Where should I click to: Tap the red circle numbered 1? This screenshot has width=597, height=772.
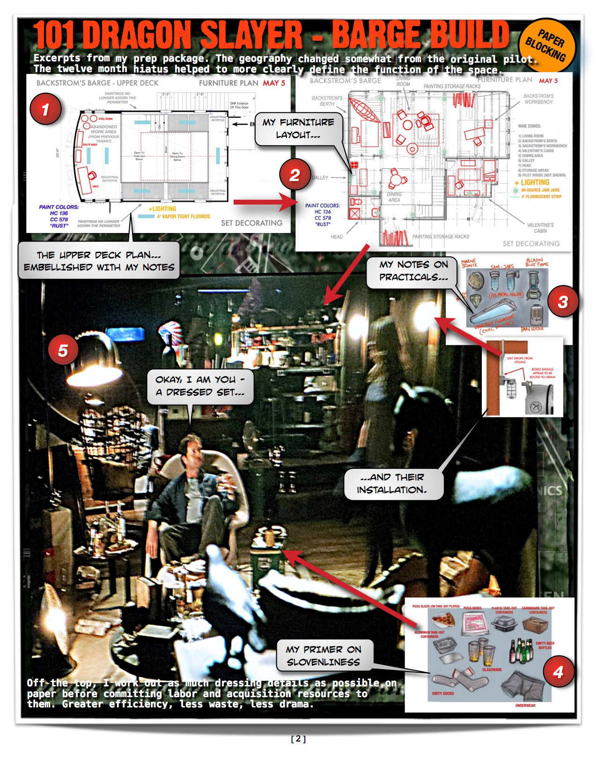(45, 109)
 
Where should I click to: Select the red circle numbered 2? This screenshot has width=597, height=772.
(295, 175)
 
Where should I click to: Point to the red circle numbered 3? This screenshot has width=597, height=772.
(562, 302)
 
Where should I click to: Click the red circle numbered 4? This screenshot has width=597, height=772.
(558, 672)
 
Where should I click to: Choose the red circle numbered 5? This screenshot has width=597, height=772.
(63, 350)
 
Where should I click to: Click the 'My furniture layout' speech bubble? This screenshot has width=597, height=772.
(298, 129)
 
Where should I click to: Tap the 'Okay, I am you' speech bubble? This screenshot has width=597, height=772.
(200, 386)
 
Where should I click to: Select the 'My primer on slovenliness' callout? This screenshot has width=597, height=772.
(324, 655)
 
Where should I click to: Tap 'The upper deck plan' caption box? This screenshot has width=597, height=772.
(99, 261)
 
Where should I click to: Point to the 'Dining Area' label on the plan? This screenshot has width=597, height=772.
(394, 197)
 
